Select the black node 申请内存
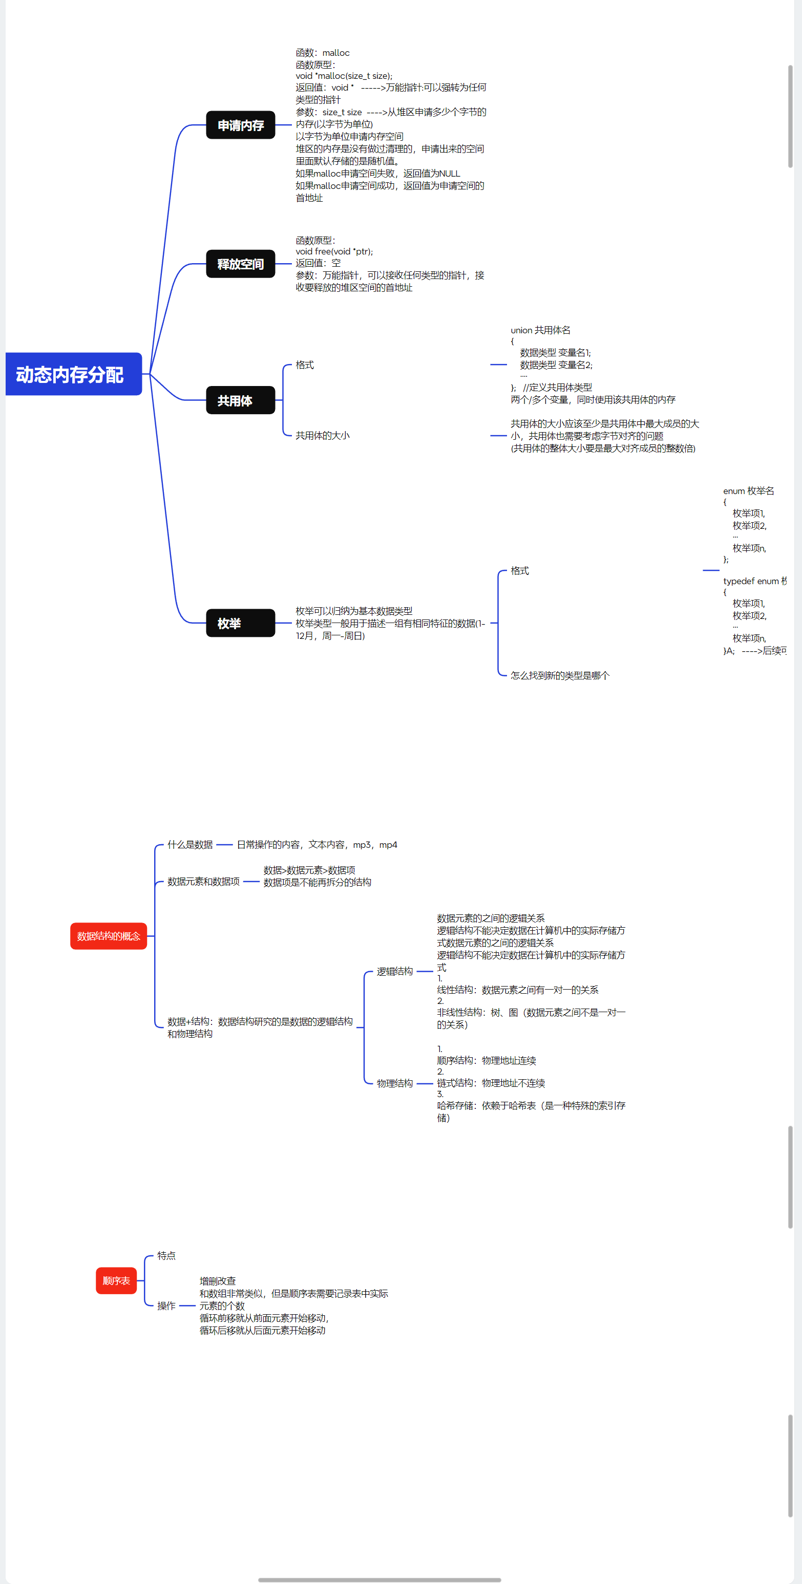click(241, 125)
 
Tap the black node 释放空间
click(241, 264)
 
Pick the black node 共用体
click(241, 400)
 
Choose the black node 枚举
click(241, 623)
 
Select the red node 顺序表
click(116, 1280)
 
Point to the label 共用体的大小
click(322, 435)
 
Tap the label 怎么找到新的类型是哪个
click(560, 675)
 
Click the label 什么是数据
click(190, 844)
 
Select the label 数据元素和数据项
click(204, 881)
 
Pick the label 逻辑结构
click(395, 971)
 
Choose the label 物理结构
click(395, 1083)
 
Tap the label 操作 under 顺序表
click(166, 1305)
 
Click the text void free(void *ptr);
click(334, 251)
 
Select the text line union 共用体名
click(540, 330)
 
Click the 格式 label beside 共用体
click(304, 365)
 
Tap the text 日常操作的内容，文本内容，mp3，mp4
click(316, 844)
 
